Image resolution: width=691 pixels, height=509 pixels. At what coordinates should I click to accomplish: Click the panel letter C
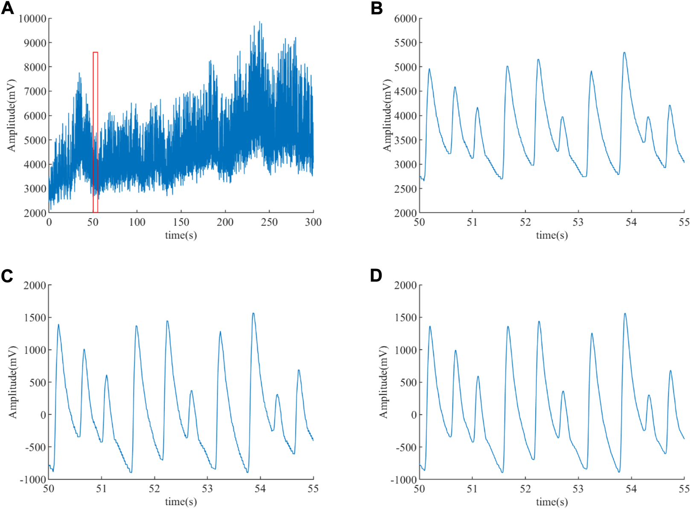coord(7,276)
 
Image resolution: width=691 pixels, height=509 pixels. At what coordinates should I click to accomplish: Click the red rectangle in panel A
coord(96,132)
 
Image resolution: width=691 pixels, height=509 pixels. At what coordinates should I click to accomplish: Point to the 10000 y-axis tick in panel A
coord(32,18)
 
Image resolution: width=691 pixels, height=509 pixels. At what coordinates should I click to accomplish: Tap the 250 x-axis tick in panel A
coord(269,222)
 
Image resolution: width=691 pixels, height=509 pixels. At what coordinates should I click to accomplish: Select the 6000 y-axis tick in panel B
coord(405,18)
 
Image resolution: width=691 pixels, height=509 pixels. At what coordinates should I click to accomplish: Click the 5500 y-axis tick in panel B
coord(405,43)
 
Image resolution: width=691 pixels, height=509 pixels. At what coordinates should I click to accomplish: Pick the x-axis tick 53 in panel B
coord(578,222)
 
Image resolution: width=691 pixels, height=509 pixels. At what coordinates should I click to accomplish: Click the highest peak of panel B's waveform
coord(624,53)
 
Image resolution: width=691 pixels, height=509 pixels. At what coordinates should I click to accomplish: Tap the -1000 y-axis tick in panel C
coord(33,480)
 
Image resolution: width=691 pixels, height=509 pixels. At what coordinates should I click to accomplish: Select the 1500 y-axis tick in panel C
coord(35,317)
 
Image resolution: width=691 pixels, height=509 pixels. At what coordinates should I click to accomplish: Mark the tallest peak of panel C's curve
coord(254,314)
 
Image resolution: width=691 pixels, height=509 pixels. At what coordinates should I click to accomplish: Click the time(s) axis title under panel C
coord(181,501)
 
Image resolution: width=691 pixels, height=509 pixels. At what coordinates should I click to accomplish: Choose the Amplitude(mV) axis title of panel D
coord(383,382)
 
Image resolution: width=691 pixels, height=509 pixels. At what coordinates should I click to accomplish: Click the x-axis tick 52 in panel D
coord(525,489)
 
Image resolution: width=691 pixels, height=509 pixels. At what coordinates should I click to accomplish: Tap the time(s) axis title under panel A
coord(181,235)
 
